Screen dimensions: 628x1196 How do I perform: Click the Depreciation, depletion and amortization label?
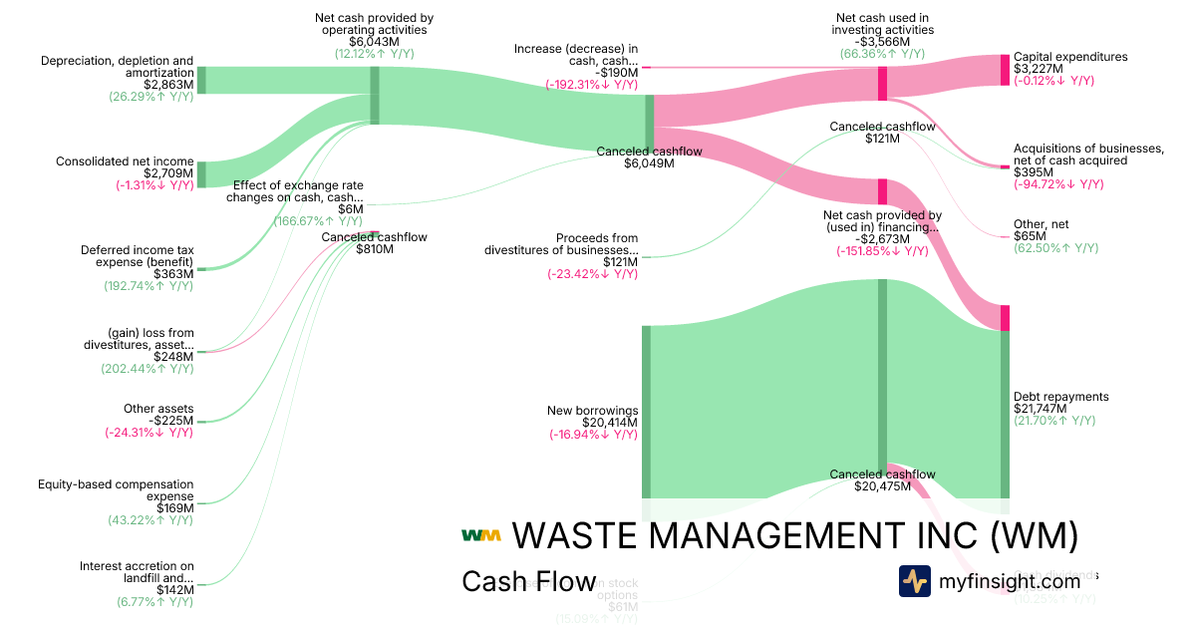[x=118, y=67]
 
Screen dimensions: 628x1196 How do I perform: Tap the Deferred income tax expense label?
[x=138, y=256]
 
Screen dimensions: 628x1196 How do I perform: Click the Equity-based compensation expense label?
[x=116, y=489]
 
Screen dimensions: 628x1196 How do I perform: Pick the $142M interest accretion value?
[x=173, y=589]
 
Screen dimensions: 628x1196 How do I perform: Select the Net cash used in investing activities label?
[x=882, y=23]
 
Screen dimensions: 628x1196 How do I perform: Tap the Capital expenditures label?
[x=1070, y=57]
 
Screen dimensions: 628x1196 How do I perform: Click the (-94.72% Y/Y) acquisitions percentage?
[x=1058, y=184]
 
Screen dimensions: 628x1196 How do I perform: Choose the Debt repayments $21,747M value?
[x=1060, y=409]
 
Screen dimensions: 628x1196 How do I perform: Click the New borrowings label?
[x=593, y=411]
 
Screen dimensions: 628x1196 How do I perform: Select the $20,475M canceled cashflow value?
[x=882, y=486]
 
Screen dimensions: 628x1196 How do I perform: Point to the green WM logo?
[x=480, y=535]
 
